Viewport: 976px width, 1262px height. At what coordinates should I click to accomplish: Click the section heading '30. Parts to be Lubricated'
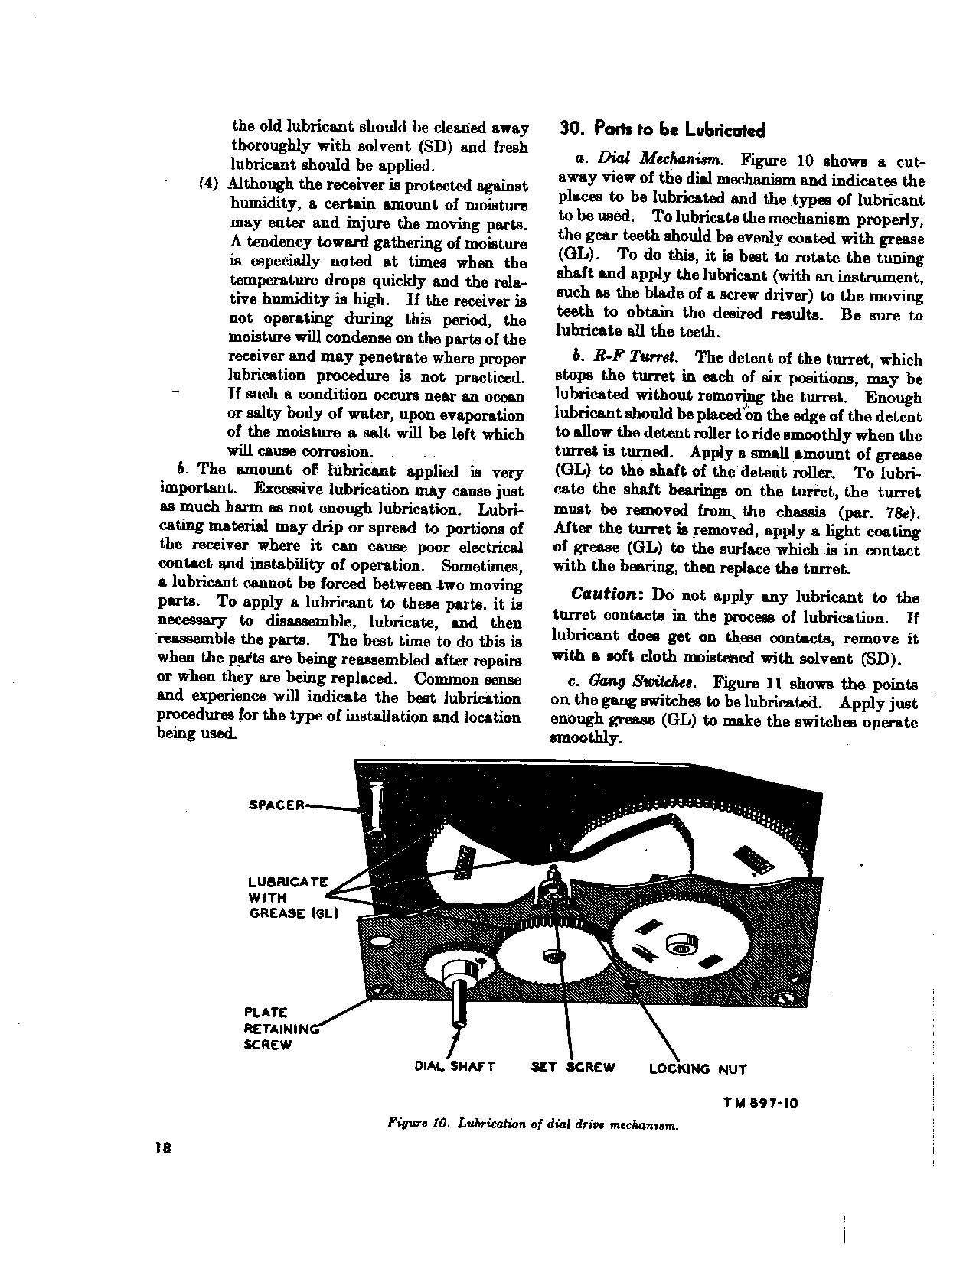[662, 129]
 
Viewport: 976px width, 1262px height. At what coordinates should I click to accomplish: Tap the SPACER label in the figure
[277, 805]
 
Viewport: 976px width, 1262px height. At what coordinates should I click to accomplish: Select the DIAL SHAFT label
[454, 1067]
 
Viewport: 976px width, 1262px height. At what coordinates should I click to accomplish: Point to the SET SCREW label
[573, 1067]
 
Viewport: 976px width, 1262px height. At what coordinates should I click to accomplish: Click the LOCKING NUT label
[697, 1068]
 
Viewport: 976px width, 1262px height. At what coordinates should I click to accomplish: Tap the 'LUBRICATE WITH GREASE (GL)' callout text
[287, 898]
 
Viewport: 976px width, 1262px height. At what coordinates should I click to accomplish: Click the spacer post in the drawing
[375, 807]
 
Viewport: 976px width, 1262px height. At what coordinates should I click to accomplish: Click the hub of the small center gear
[551, 956]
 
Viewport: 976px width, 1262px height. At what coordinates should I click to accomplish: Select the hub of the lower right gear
[680, 947]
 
